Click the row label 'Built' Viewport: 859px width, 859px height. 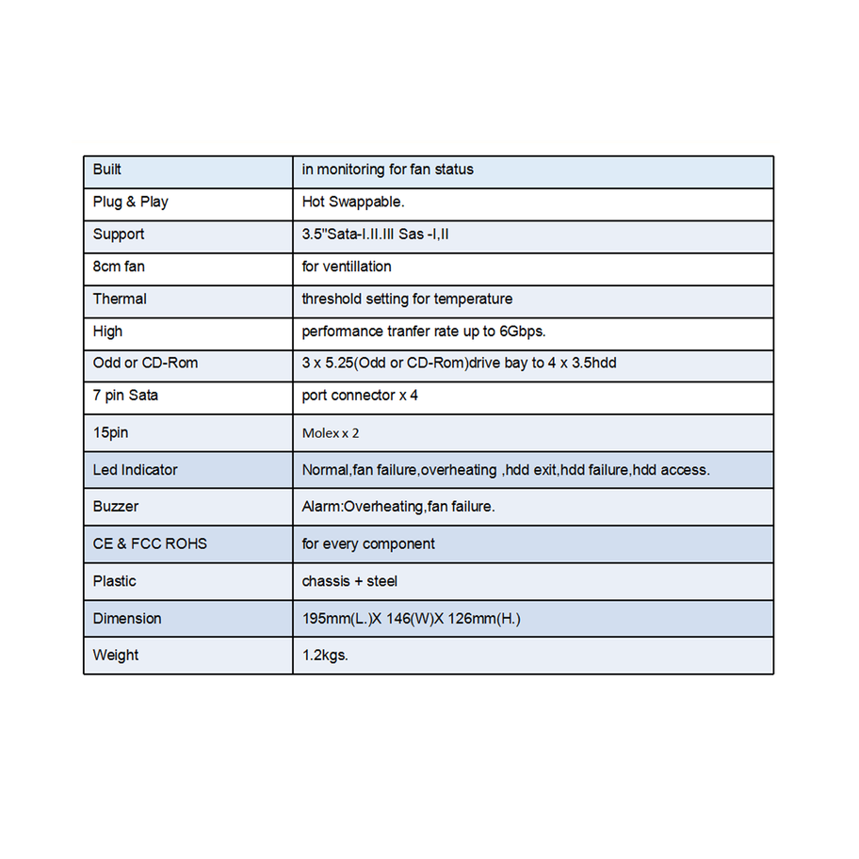click(x=107, y=170)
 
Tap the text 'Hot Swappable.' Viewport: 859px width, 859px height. click(x=353, y=202)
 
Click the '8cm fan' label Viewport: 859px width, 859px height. click(x=119, y=267)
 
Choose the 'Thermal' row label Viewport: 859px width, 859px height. click(x=120, y=299)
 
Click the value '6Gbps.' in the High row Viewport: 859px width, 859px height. click(x=523, y=332)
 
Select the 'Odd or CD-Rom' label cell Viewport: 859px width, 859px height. click(x=145, y=363)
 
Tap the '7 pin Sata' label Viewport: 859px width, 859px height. click(x=125, y=396)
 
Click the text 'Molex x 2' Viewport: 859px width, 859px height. click(x=331, y=433)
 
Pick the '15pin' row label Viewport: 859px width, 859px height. click(x=110, y=432)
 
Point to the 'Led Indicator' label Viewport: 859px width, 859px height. click(x=135, y=469)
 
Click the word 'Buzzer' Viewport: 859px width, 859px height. click(x=116, y=506)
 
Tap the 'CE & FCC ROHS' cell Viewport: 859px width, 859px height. click(x=150, y=543)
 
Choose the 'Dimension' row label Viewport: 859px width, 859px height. click(x=127, y=618)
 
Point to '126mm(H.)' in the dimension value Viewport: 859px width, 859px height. click(x=486, y=618)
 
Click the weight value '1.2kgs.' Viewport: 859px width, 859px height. click(x=325, y=655)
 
